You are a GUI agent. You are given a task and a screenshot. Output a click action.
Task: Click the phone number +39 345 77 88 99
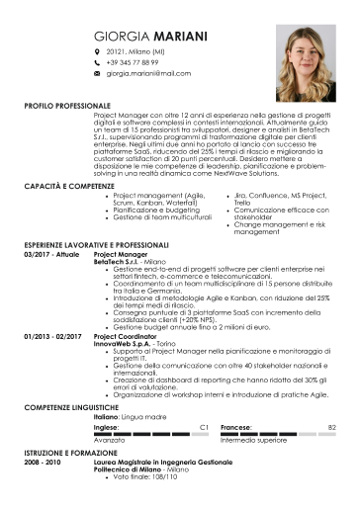[135, 62]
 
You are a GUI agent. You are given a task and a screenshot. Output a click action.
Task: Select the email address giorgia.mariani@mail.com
[148, 73]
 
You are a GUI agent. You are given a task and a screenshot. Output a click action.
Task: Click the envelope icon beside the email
[96, 73]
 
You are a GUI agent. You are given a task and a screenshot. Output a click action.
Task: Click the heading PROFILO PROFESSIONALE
[68, 105]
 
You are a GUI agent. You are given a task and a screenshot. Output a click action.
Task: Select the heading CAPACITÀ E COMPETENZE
[67, 186]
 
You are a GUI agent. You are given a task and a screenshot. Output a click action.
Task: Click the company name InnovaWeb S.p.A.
[122, 342]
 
